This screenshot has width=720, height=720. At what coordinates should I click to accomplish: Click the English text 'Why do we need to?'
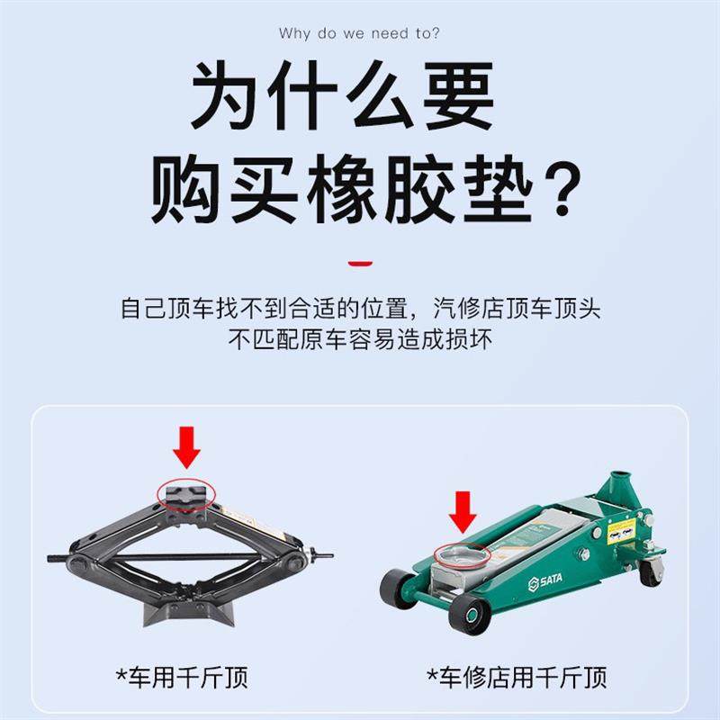pos(359,33)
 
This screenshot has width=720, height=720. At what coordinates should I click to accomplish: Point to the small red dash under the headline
pos(360,263)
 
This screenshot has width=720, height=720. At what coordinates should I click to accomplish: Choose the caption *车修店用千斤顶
pos(517,675)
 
